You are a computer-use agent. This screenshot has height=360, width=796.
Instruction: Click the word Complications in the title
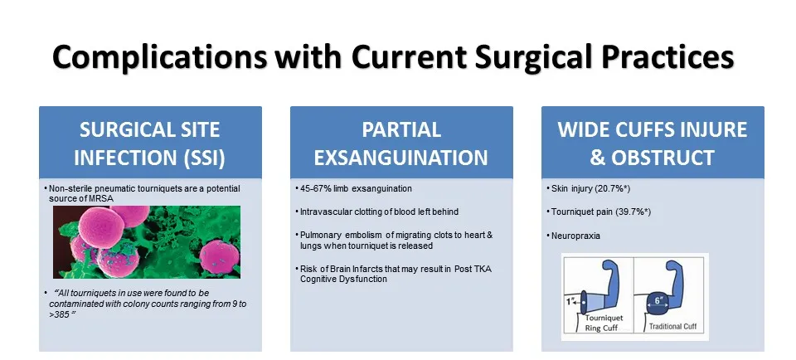pos(159,57)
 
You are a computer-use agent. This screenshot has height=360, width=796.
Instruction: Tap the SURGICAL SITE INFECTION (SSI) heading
pos(150,144)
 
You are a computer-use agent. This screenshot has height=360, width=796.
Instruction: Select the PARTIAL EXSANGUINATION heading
pos(401,144)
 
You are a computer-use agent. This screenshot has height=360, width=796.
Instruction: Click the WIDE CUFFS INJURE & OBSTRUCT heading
pos(653,144)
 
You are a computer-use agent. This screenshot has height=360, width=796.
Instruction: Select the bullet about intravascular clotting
pos(379,212)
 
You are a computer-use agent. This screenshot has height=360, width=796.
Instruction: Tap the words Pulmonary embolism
pos(332,235)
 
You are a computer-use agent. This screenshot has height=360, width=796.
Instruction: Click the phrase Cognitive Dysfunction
pos(343,279)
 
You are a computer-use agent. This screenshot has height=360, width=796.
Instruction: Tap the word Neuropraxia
pos(575,236)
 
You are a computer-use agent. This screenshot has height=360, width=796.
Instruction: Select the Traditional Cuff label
pos(672,327)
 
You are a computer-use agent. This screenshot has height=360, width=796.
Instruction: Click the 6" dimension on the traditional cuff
pos(658,300)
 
